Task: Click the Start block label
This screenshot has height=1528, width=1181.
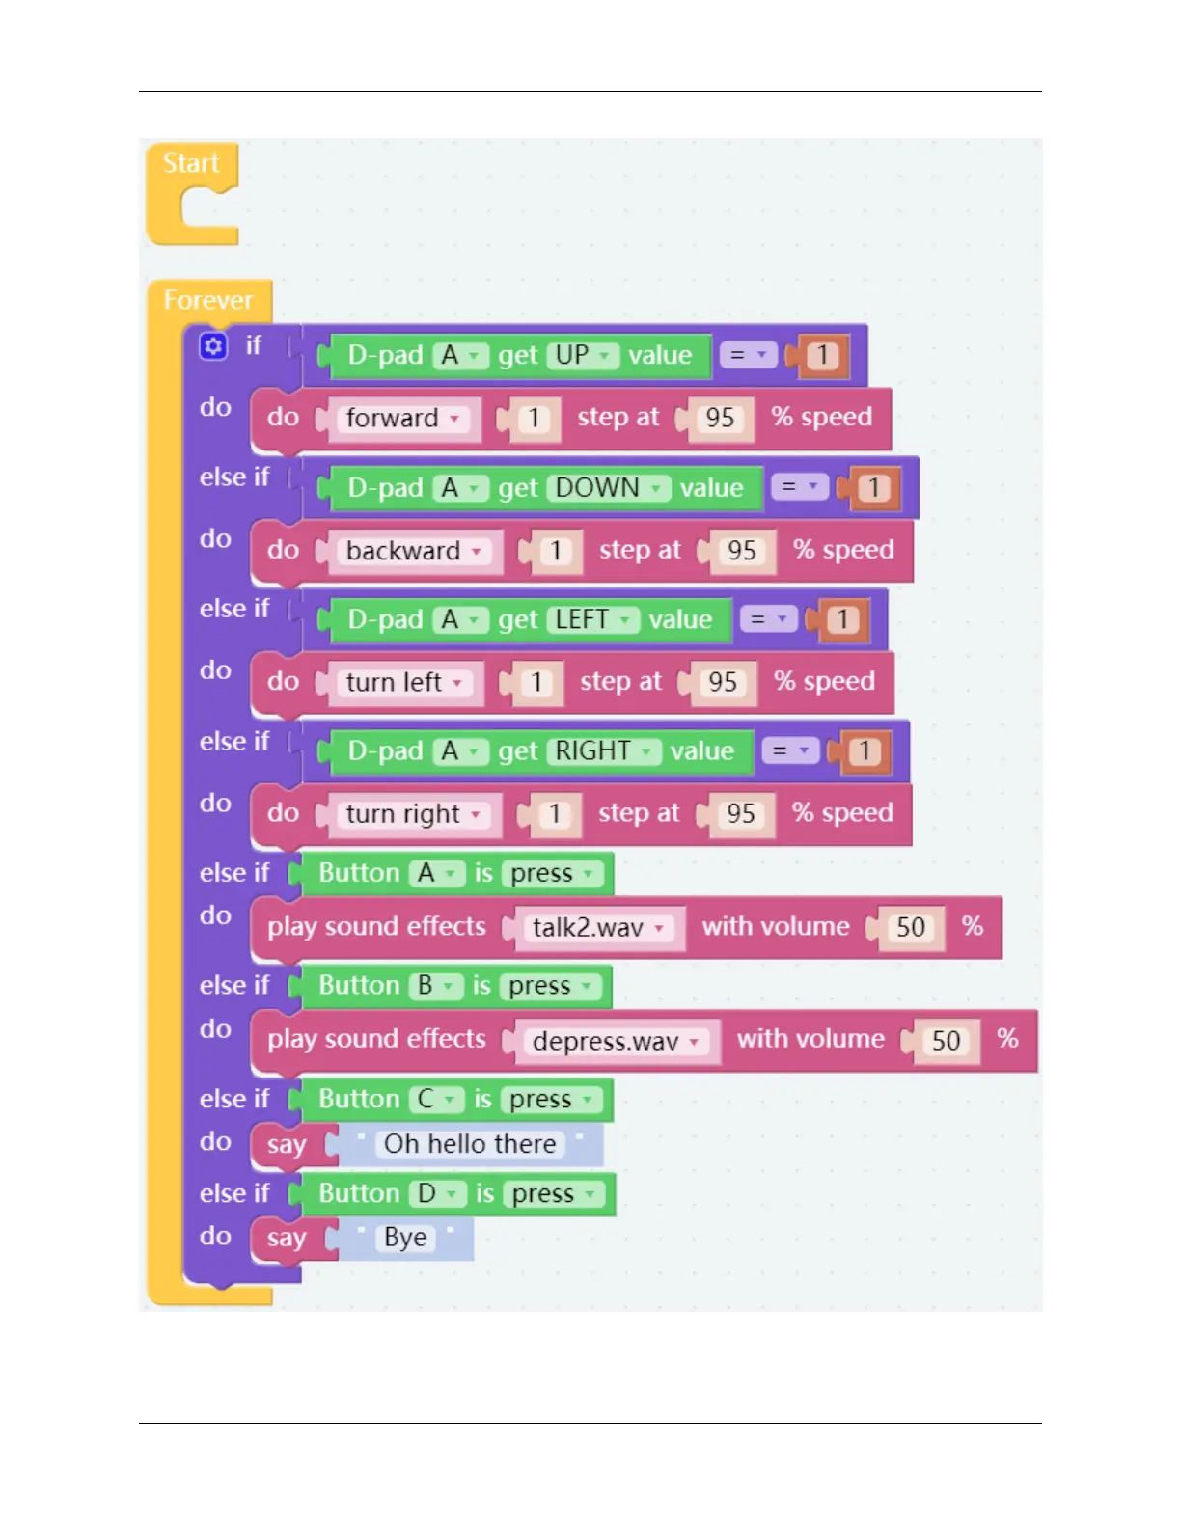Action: [191, 163]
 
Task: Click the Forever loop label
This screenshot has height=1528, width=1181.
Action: [207, 300]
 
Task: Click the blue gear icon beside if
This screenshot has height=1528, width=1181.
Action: [213, 345]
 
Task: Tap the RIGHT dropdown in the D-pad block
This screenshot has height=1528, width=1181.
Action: [603, 751]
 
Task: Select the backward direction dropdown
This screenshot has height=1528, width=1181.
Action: [413, 551]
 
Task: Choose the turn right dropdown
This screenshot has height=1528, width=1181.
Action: [412, 814]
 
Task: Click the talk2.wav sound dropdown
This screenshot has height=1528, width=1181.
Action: [598, 928]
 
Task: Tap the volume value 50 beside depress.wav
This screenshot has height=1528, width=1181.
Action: [946, 1041]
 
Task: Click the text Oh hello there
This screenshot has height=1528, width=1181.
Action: [470, 1144]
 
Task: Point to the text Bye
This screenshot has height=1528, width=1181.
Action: [405, 1238]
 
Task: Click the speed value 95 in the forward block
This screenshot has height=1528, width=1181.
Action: [720, 418]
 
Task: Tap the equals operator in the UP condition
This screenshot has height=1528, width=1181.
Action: [748, 355]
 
